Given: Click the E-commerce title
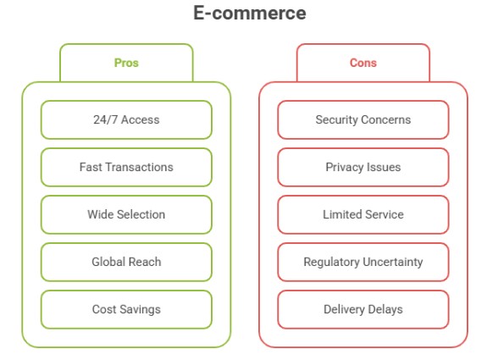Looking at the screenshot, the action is (250, 13).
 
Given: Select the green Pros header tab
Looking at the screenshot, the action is (126, 63).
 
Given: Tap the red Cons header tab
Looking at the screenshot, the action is (363, 63).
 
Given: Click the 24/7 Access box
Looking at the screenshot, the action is (126, 119).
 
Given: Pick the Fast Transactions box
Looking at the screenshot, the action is (126, 167).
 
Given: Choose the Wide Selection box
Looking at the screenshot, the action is (126, 214).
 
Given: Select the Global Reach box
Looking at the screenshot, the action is (126, 262).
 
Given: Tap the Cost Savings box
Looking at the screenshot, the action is (126, 309).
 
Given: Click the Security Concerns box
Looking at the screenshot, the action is (363, 119).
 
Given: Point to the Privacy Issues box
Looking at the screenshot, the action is (363, 167).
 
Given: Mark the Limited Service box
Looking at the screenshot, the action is (363, 214).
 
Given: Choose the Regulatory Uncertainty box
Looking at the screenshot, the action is (363, 262).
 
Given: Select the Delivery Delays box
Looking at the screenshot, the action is (363, 309).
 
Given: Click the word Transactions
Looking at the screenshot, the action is (140, 167).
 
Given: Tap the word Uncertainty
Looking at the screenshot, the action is (393, 262).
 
